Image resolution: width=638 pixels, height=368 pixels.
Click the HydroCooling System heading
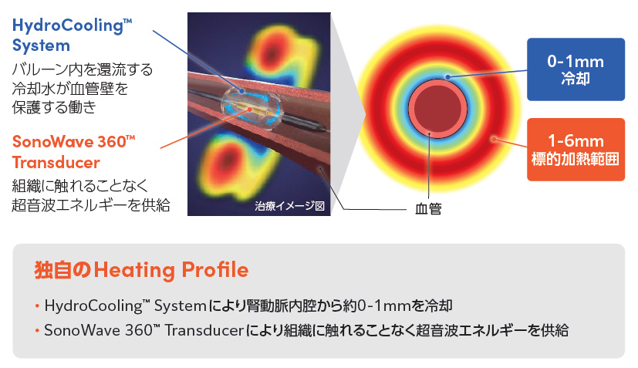(x=72, y=35)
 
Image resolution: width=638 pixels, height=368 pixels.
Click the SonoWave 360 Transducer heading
(x=73, y=152)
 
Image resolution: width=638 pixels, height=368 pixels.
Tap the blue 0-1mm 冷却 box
(x=576, y=69)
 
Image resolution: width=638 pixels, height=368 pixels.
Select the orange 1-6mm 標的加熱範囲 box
(x=576, y=150)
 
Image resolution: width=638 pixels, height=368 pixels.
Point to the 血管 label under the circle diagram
(x=428, y=209)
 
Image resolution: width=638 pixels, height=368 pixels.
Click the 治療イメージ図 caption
(x=290, y=206)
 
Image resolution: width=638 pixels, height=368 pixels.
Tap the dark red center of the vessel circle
(x=438, y=109)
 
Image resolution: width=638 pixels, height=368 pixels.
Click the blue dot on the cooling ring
(x=447, y=77)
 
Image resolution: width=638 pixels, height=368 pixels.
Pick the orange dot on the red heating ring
(x=494, y=139)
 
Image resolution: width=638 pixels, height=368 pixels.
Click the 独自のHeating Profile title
(x=141, y=270)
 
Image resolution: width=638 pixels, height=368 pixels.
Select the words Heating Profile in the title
(x=171, y=270)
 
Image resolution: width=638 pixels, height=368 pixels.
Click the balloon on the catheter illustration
(x=250, y=106)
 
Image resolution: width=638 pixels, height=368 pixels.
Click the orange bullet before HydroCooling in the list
(x=38, y=306)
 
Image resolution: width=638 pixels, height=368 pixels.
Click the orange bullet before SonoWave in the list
(x=38, y=330)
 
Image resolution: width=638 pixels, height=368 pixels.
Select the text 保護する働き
(x=54, y=107)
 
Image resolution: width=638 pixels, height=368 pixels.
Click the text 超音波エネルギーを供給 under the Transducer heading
(x=91, y=204)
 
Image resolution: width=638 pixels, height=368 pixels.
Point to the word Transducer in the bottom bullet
(x=204, y=330)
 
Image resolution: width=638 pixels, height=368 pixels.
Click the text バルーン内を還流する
(x=83, y=69)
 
